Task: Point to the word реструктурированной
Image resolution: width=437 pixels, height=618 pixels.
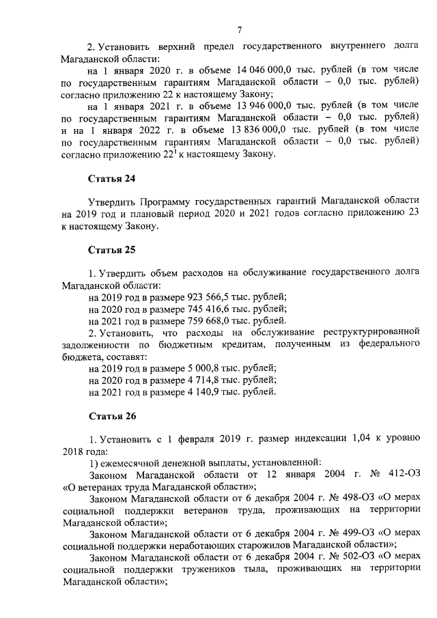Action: coord(365,333)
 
